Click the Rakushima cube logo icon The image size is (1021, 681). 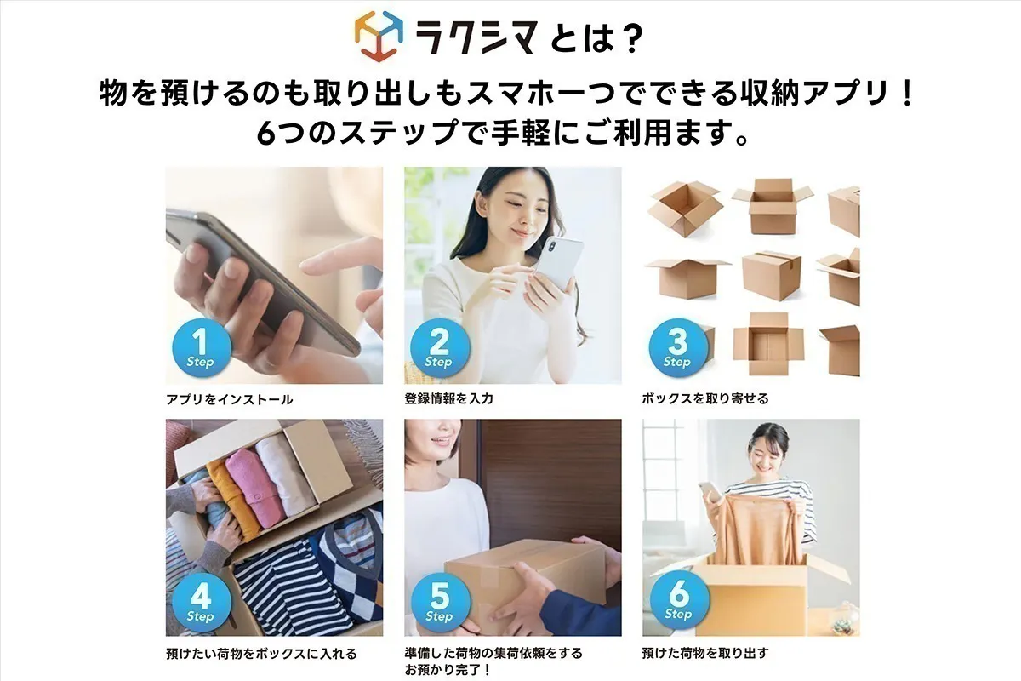coord(379,35)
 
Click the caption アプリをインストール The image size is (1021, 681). coord(230,399)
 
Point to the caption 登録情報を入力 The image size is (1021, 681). coord(448,398)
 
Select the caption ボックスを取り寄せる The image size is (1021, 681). coord(705,398)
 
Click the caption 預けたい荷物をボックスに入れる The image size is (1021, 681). coord(261,654)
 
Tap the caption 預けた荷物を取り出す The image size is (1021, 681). coord(705,654)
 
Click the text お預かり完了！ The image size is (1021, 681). coord(448,670)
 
